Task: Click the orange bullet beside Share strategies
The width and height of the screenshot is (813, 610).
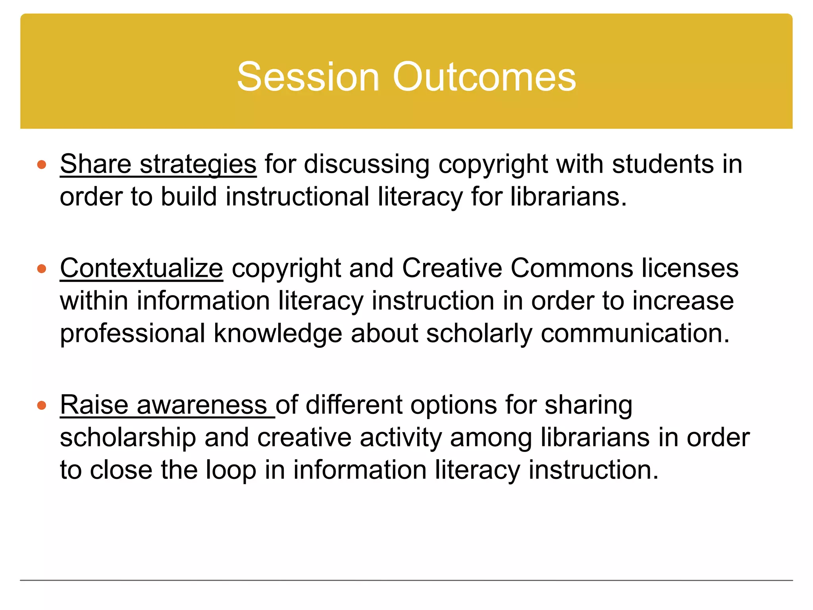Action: coord(42,164)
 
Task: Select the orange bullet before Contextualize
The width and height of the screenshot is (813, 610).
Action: coord(42,269)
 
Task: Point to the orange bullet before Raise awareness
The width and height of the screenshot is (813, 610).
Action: coord(42,405)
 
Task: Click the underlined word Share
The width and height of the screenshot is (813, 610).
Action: coord(96,164)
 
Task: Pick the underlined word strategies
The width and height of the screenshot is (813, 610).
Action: coord(198,165)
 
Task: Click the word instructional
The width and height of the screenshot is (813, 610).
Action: coord(297,197)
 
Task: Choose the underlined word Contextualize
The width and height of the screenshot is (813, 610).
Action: coord(141,268)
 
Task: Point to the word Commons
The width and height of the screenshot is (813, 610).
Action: coord(572,268)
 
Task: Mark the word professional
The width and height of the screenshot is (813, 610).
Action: coord(132,334)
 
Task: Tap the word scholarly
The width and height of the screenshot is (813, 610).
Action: coord(479,334)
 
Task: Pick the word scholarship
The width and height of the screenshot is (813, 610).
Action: coord(128,438)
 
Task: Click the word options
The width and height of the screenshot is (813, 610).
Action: coord(453,406)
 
